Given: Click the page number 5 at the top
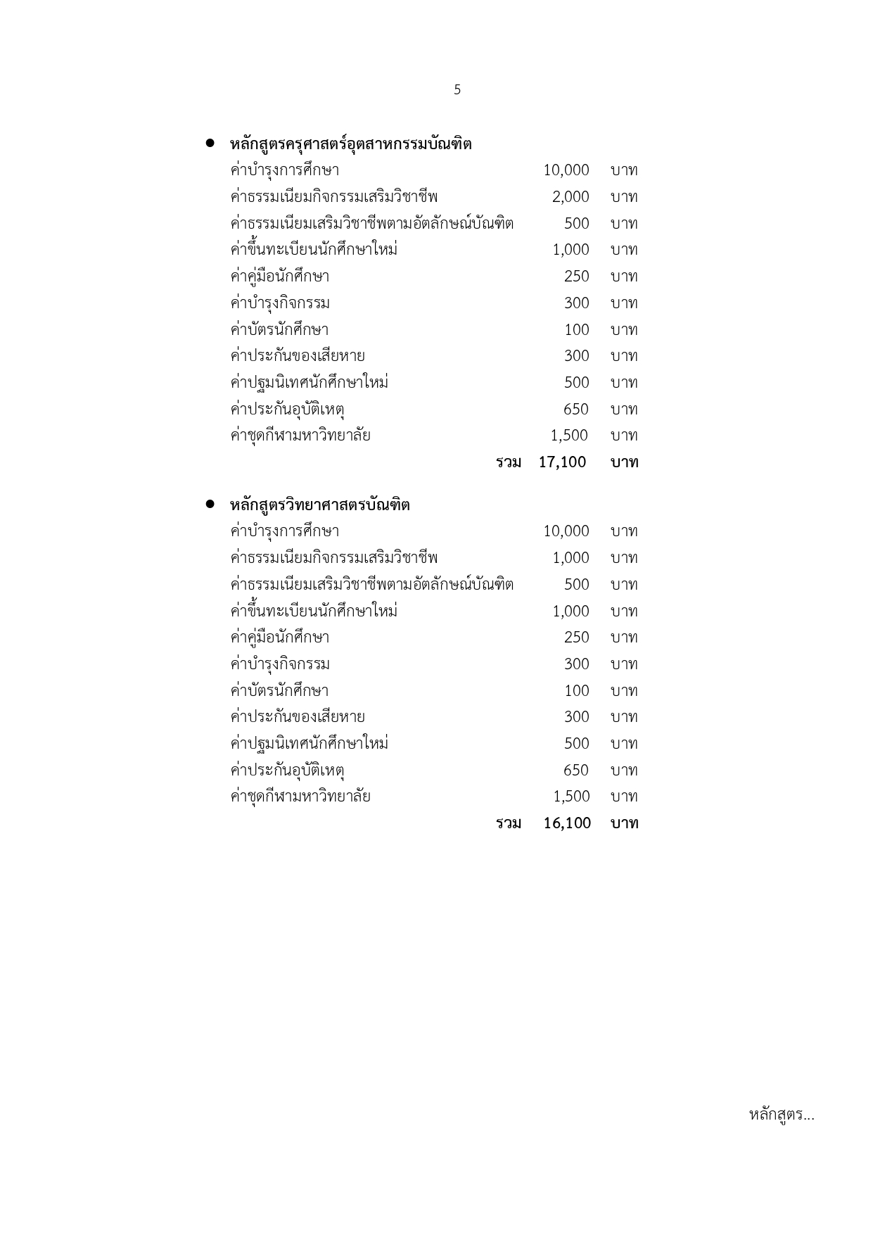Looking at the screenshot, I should click(x=457, y=90).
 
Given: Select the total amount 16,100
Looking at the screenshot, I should click(x=567, y=823).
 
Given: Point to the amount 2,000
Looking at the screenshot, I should click(x=570, y=197).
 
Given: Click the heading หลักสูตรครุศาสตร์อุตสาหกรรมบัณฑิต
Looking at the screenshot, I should click(x=350, y=144).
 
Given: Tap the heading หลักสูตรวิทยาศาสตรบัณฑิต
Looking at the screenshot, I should click(x=319, y=505).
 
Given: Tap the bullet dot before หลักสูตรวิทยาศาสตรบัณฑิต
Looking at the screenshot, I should click(x=210, y=505).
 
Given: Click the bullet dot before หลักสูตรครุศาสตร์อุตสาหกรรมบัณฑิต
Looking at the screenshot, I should click(x=210, y=144).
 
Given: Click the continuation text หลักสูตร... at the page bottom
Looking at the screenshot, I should click(x=781, y=1115).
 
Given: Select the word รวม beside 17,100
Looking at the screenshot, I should click(x=509, y=462).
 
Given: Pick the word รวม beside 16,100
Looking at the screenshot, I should click(x=509, y=823).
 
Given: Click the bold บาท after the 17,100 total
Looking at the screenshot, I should click(x=624, y=462).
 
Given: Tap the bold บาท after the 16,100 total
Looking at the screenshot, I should click(x=624, y=823).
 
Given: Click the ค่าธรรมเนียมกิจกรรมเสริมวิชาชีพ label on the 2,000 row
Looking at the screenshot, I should click(x=333, y=197).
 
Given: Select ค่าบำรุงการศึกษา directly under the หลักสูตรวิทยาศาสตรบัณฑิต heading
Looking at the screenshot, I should click(x=284, y=531).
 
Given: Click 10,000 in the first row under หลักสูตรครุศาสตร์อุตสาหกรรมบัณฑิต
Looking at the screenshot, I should click(x=566, y=170).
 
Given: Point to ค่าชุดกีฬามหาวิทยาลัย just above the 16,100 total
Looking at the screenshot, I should click(x=300, y=797).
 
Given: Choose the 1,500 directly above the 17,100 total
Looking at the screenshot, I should click(x=569, y=436).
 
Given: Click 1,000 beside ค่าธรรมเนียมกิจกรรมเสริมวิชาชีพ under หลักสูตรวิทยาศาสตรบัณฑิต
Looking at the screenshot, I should click(x=570, y=558).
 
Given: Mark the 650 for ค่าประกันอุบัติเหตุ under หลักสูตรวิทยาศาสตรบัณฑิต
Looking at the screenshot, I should click(x=575, y=771).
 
